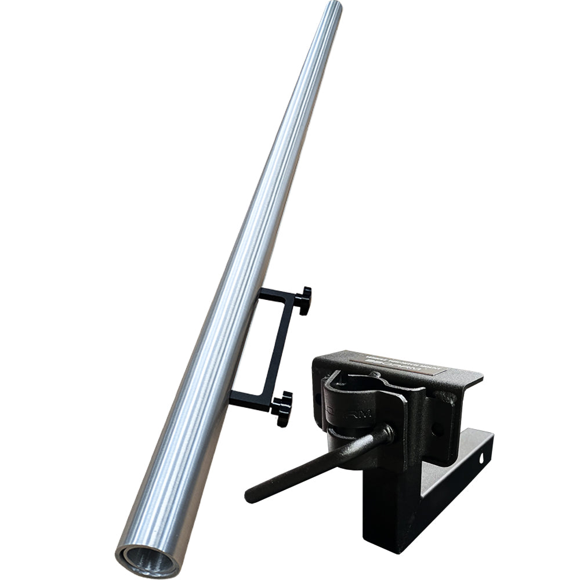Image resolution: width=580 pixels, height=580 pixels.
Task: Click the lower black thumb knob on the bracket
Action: [283, 407]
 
